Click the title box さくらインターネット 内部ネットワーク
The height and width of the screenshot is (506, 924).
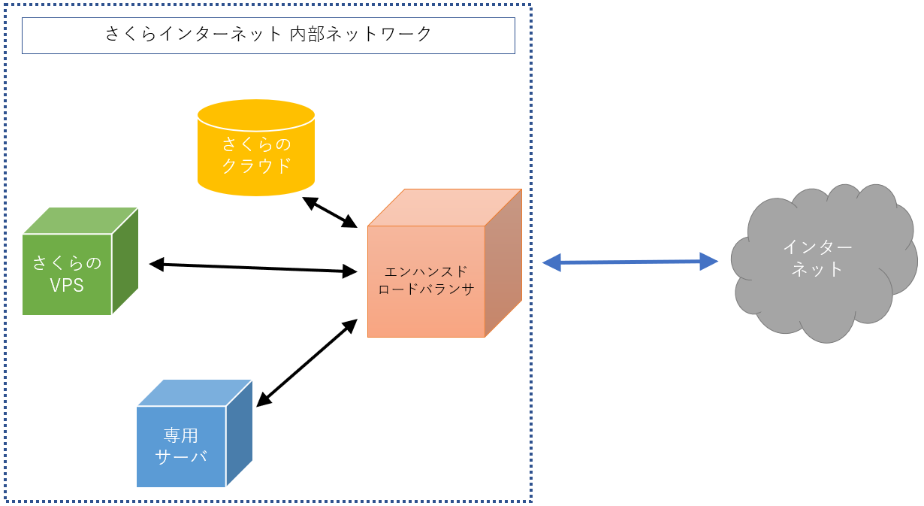tap(268, 35)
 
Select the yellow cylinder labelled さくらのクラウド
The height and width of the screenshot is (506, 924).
tap(255, 154)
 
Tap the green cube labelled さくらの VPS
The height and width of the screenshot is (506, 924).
tap(68, 274)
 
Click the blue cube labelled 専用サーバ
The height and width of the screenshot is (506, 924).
tap(181, 446)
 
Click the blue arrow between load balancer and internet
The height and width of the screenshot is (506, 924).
tap(630, 262)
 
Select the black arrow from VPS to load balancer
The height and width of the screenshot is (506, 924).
tap(253, 267)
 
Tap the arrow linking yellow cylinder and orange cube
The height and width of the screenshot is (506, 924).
tap(329, 212)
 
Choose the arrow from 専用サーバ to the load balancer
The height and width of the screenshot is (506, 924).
tap(306, 362)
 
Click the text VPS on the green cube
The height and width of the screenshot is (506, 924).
tap(67, 286)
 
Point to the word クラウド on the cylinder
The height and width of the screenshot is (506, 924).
tap(256, 165)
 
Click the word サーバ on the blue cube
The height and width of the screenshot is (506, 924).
tap(181, 456)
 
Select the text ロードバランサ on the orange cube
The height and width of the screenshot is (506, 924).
tap(426, 289)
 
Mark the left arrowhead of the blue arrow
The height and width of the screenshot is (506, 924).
tap(552, 262)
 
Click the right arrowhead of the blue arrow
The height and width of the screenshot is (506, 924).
tap(708, 261)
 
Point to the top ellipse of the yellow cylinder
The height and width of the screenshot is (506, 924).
tap(255, 116)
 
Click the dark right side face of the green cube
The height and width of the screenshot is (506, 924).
tap(125, 260)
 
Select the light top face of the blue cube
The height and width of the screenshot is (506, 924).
tap(194, 392)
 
